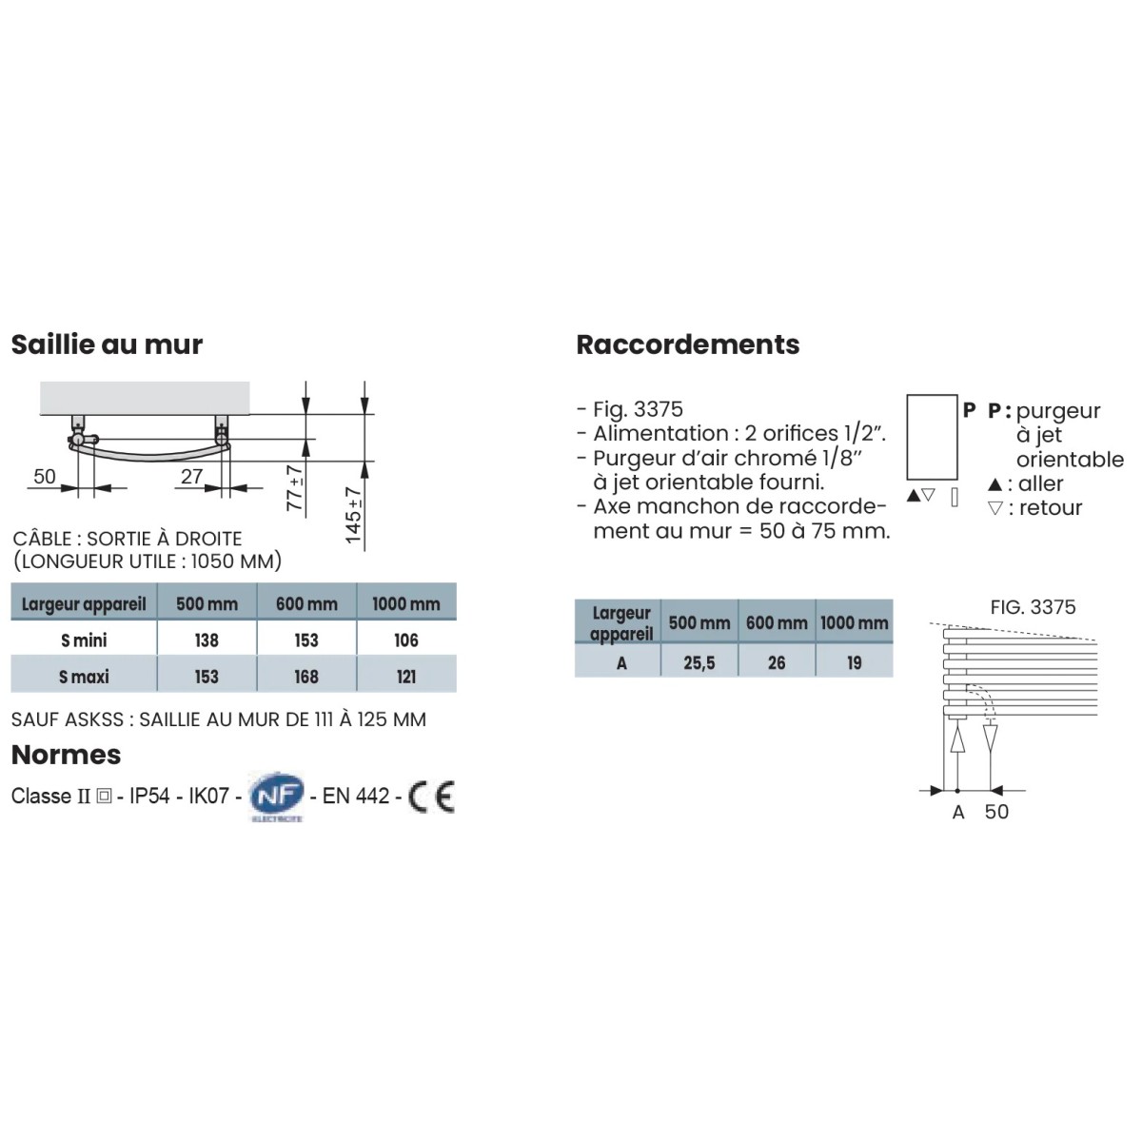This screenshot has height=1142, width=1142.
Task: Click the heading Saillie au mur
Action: click(107, 345)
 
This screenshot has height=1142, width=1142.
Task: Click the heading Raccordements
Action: click(687, 345)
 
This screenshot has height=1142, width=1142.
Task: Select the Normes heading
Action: click(66, 755)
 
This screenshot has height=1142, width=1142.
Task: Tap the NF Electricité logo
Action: click(276, 797)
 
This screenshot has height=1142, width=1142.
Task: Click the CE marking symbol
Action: click(431, 797)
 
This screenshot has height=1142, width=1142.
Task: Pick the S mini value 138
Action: click(207, 640)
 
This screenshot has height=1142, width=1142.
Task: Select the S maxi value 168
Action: click(306, 677)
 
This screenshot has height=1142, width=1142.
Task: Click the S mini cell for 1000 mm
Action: click(406, 640)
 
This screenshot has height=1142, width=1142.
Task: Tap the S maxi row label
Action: click(84, 677)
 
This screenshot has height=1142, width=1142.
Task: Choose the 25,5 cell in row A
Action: click(699, 662)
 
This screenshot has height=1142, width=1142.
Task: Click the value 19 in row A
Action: click(855, 662)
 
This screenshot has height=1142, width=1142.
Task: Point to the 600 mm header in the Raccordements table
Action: click(777, 623)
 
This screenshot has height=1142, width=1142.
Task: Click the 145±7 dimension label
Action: click(354, 515)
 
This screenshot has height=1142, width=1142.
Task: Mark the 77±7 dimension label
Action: click(295, 487)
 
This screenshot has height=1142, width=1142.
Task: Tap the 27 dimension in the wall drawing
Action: click(192, 476)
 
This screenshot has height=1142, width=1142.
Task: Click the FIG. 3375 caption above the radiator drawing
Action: click(1033, 607)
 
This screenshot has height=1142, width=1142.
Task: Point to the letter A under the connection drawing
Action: click(958, 812)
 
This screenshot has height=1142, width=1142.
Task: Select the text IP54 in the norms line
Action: click(150, 796)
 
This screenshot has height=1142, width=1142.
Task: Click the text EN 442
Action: click(356, 796)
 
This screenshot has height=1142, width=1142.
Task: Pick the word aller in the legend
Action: click(1040, 483)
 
